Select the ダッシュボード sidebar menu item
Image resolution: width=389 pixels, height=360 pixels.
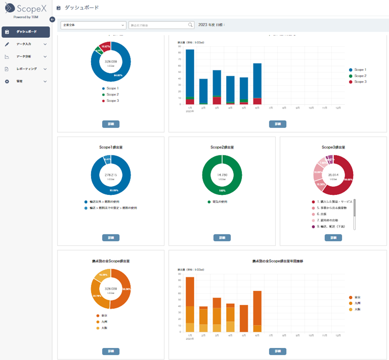26,32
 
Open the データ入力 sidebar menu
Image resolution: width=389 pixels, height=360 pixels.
26,44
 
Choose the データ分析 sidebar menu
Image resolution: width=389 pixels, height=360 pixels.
26,56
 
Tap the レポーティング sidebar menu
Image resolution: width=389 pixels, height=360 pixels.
26,69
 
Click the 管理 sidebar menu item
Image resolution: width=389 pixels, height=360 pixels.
26,82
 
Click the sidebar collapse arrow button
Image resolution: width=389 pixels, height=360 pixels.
52,19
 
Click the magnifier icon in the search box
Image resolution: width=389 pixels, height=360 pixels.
190,25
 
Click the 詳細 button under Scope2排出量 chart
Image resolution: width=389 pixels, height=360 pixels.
222,237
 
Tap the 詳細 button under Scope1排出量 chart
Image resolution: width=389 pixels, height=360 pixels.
111,237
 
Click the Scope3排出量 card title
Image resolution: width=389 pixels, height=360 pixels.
333,147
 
